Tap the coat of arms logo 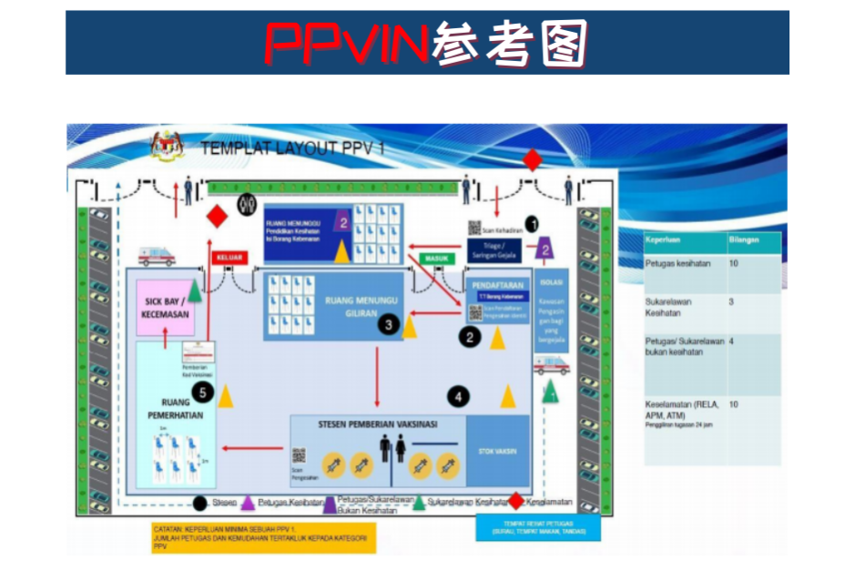167,146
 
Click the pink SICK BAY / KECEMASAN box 166,307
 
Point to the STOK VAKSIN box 497,448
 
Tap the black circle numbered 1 533,221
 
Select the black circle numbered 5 203,392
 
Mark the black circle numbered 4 459,397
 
